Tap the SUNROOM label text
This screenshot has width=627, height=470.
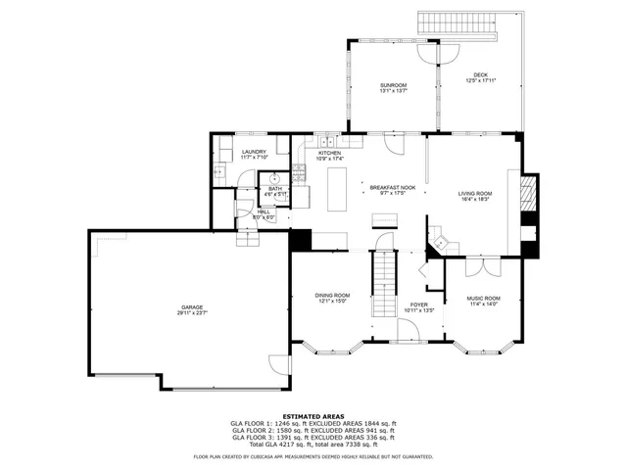pyautogui.click(x=394, y=86)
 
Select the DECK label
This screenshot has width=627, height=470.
pyautogui.click(x=480, y=75)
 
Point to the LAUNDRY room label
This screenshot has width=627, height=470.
pyautogui.click(x=255, y=152)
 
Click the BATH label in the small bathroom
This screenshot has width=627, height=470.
pyautogui.click(x=275, y=189)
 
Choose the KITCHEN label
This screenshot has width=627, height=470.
pyautogui.click(x=329, y=154)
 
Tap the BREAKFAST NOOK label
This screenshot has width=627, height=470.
pyautogui.click(x=392, y=186)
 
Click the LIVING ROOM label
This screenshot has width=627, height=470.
pyautogui.click(x=475, y=194)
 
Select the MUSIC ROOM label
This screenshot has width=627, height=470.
pyautogui.click(x=482, y=299)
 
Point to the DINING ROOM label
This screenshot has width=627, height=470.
pyautogui.click(x=332, y=296)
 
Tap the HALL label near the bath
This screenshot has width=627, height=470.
pyautogui.click(x=264, y=211)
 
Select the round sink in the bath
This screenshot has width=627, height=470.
pyautogui.click(x=276, y=178)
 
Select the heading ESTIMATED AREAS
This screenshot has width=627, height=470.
pyautogui.click(x=313, y=416)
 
